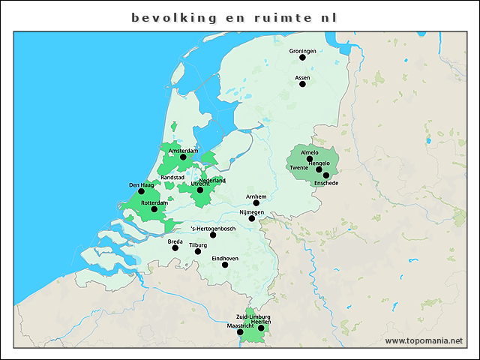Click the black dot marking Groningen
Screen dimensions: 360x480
pyautogui.click(x=303, y=57)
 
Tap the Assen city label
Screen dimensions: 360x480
pyautogui.click(x=302, y=77)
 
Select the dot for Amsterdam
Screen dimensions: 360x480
pyautogui.click(x=183, y=157)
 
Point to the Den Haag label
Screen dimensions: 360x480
pyautogui.click(x=141, y=184)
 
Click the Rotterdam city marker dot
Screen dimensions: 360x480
pyautogui.click(x=154, y=209)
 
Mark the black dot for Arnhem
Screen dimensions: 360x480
pyautogui.click(x=256, y=202)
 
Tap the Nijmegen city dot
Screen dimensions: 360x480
pyautogui.click(x=252, y=218)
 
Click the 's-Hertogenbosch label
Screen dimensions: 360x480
pyautogui.click(x=214, y=228)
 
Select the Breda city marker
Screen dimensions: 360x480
pyautogui.click(x=175, y=247)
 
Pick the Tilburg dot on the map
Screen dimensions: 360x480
pyautogui.click(x=198, y=251)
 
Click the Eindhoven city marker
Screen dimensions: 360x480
pyautogui.click(x=225, y=264)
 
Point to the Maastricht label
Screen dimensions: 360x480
pyautogui.click(x=240, y=325)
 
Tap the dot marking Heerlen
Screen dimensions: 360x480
pyautogui.click(x=261, y=328)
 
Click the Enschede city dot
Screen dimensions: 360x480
pyautogui.click(x=326, y=175)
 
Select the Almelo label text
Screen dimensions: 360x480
pyautogui.click(x=309, y=152)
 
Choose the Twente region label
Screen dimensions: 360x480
pyautogui.click(x=299, y=168)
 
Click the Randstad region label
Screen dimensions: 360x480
pyautogui.click(x=172, y=178)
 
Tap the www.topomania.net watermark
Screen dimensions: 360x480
pyautogui.click(x=424, y=340)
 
